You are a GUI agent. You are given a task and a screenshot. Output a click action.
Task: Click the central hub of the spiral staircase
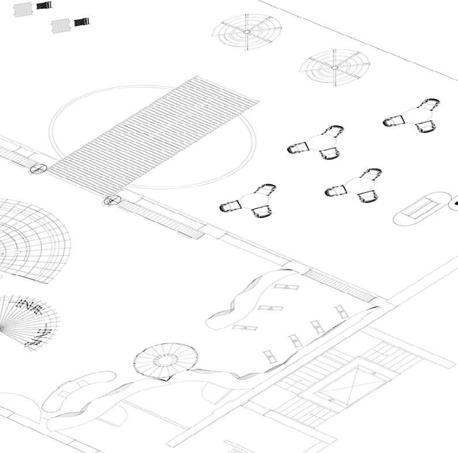point(166,361)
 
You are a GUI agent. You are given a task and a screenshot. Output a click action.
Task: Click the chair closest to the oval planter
point(367,197)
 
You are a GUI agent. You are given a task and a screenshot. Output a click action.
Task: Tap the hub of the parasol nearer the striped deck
point(246,32)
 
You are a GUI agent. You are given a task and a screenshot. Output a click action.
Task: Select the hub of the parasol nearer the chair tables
point(335,68)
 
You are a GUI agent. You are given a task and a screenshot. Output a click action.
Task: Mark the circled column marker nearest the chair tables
point(112,200)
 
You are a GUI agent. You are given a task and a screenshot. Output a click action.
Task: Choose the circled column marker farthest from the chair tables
point(38,169)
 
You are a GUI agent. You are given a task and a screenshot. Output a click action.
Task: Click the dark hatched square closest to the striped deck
point(81,22)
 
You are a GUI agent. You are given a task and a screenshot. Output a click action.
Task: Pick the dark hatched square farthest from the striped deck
point(44,5)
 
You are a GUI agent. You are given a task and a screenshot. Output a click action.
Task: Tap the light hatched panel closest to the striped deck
point(61,25)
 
